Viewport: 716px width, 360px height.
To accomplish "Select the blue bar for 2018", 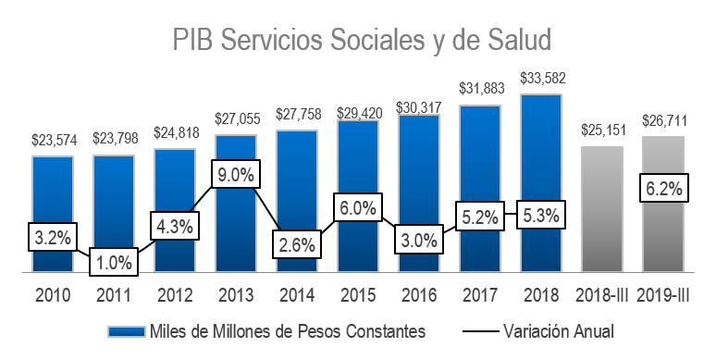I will coord(541,157).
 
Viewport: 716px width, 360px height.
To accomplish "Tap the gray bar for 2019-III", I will coord(662,231).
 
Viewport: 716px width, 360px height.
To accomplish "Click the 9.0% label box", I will coord(236,174).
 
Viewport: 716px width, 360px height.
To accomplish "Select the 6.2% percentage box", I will coord(662,189).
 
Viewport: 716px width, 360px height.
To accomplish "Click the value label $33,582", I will coord(541,79).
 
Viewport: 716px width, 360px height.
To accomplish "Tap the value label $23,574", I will coord(54,141).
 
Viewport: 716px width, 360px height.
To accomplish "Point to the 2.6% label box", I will coord(297,245).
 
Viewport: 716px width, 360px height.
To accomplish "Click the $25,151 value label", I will coord(602,130).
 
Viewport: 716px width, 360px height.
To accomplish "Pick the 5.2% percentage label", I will coord(480,218).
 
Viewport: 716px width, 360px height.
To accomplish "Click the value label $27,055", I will coord(236,119).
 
